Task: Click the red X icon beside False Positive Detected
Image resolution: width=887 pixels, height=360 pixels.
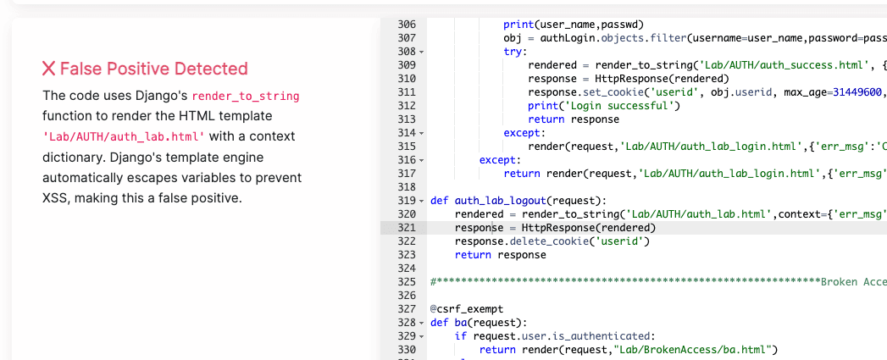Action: pyautogui.click(x=49, y=69)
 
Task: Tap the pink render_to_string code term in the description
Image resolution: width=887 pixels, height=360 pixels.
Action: pyautogui.click(x=246, y=96)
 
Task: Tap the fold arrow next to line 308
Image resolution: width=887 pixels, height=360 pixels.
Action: pyautogui.click(x=421, y=53)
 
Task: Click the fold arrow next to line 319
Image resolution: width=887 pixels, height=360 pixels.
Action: pyautogui.click(x=421, y=201)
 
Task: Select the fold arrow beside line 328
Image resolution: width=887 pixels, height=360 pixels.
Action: pyautogui.click(x=421, y=324)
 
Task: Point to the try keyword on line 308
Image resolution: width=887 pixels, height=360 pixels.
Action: pyautogui.click(x=513, y=52)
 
